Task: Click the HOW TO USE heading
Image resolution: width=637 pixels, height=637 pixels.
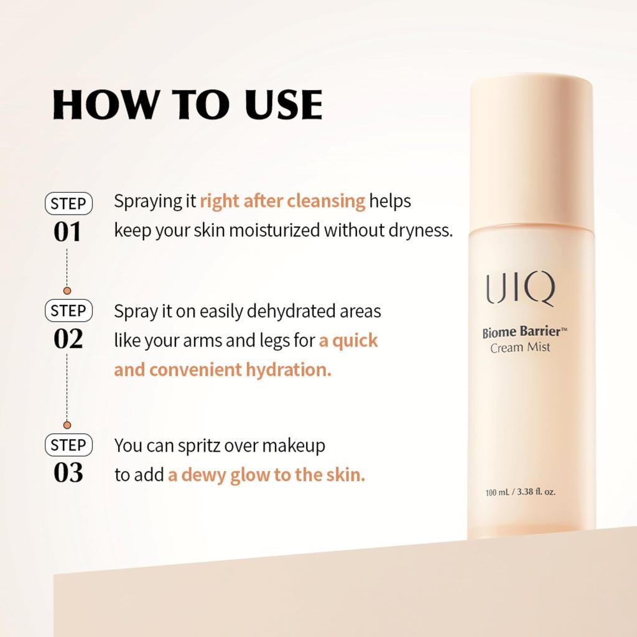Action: click(187, 105)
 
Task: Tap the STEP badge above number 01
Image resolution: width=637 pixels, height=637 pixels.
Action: click(68, 203)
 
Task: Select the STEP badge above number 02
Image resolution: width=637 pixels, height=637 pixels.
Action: click(68, 310)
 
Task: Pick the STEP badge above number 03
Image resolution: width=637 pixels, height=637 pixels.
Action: click(68, 445)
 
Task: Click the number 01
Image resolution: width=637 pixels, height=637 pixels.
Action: click(68, 232)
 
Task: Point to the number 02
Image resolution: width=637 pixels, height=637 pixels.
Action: click(68, 340)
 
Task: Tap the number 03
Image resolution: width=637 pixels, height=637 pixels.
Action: click(68, 473)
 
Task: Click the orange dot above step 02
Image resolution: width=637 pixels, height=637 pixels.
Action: click(67, 291)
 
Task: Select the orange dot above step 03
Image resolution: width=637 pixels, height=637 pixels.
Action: click(67, 425)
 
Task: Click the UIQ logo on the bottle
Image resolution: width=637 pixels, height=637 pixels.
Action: click(520, 290)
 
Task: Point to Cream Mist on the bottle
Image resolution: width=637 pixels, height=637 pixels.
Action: click(520, 348)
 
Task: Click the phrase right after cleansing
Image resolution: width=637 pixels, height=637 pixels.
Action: click(282, 202)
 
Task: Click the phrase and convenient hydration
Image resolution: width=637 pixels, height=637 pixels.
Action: click(223, 370)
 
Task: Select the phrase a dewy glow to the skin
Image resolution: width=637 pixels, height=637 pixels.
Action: click(266, 475)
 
